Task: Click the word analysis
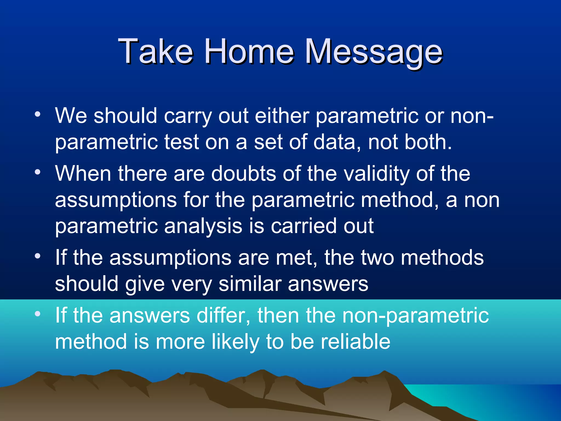tap(203, 226)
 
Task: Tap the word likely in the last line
tap(235, 342)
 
